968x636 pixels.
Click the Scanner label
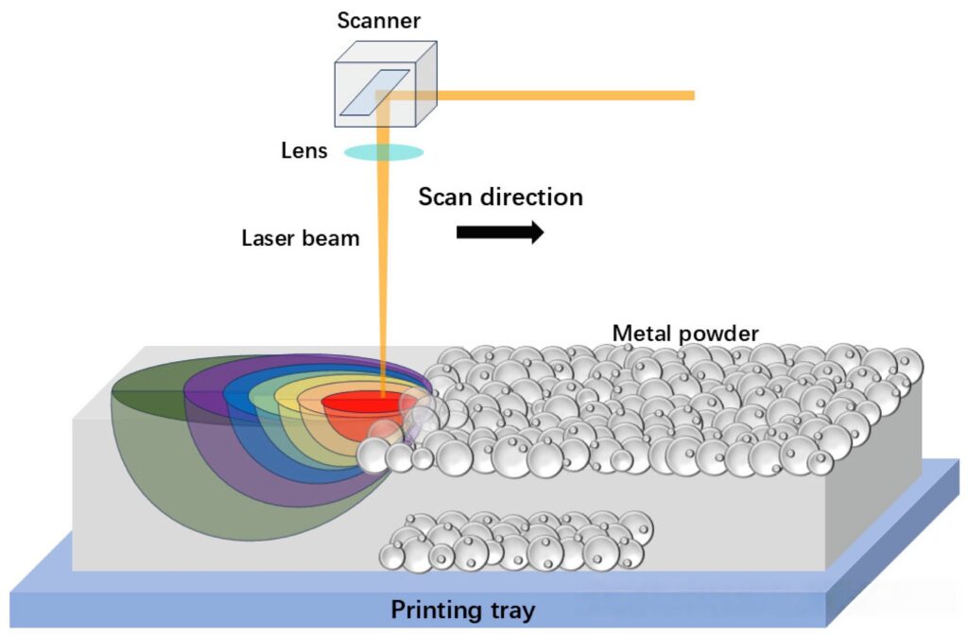coord(377,21)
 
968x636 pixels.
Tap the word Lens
coord(304,151)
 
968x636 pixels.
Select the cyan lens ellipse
coord(383,151)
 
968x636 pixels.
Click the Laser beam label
coord(301,238)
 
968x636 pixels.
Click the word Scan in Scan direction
coord(447,197)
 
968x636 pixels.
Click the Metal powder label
coord(685,333)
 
